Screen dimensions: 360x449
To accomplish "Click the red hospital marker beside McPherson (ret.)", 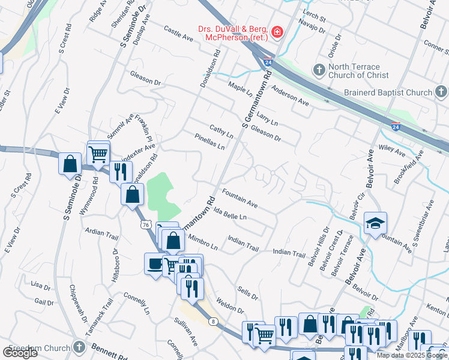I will click(x=277, y=32).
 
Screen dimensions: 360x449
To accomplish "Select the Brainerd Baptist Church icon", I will click(x=441, y=92).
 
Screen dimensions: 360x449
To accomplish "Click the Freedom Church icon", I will click(x=79, y=347).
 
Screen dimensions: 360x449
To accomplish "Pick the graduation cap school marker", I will click(x=375, y=224).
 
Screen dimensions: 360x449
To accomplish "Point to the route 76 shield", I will click(x=145, y=224).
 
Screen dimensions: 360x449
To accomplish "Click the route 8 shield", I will click(x=213, y=322).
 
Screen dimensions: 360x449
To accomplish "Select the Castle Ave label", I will click(x=178, y=33).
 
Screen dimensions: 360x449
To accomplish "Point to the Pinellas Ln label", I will click(x=209, y=142).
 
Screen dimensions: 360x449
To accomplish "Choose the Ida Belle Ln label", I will click(x=230, y=214).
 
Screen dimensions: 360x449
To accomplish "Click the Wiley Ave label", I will click(x=393, y=149).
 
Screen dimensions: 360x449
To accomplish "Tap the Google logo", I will click(x=20, y=353).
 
